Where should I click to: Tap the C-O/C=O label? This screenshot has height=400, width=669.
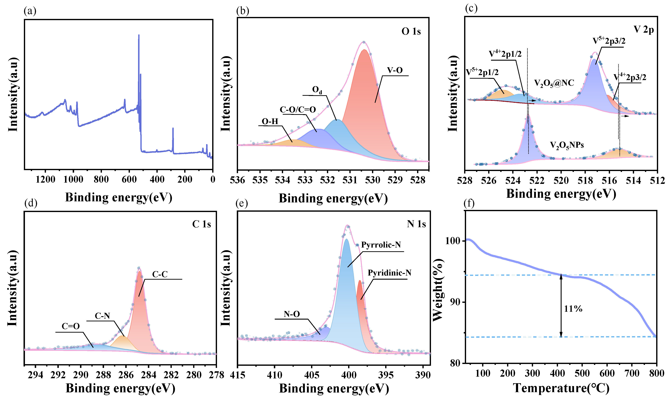tap(298, 109)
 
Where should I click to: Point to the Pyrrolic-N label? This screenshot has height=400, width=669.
tap(381, 245)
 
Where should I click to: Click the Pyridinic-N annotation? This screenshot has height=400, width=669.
tap(389, 273)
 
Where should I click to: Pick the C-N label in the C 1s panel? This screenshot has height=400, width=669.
tap(102, 316)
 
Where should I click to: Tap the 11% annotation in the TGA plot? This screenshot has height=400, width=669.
tap(573, 309)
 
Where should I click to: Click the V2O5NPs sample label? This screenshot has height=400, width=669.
tap(567, 146)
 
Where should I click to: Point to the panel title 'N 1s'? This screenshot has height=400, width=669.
tap(416, 224)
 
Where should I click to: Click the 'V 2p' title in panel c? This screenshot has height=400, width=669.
tap(643, 30)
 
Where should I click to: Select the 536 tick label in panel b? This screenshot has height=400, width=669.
tap(237, 180)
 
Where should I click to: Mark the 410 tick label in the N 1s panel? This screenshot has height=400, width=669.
tap(275, 375)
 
